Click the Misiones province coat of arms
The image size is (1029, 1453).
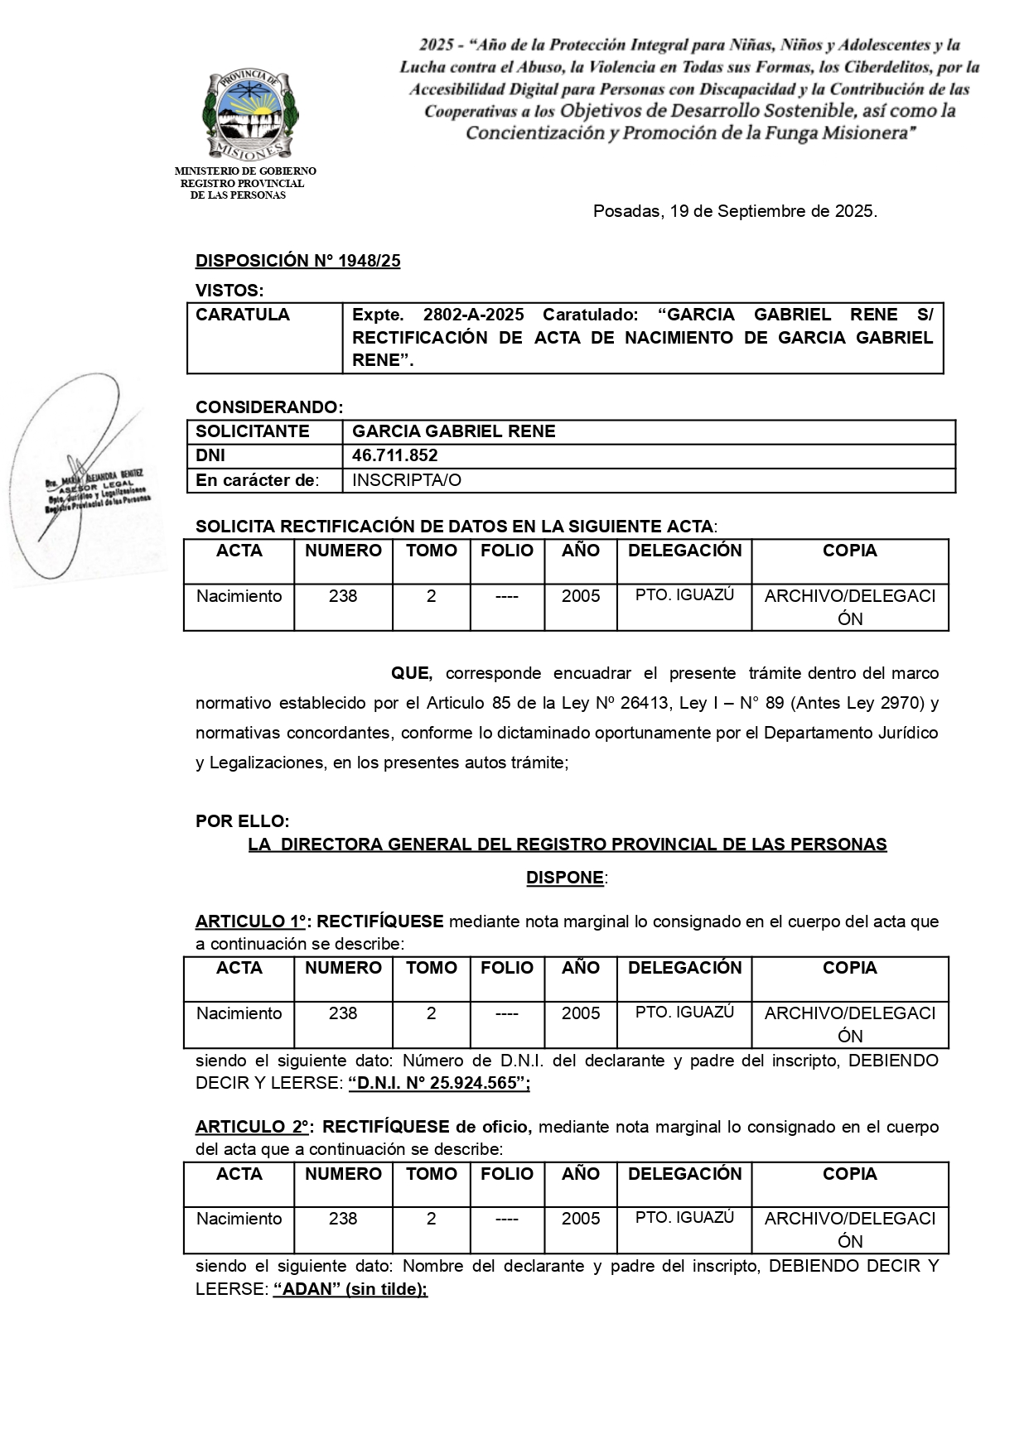pos(250,114)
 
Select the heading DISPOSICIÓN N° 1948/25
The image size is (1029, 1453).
pos(297,261)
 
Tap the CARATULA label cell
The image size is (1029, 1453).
pos(243,315)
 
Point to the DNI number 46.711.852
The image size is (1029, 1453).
pos(395,455)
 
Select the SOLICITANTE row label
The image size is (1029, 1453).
pos(253,431)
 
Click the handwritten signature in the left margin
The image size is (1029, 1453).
pos(83,480)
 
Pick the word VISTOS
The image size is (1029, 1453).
pos(229,291)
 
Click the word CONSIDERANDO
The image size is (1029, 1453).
pos(268,407)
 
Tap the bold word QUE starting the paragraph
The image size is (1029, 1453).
pos(411,673)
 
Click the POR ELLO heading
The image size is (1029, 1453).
pos(242,821)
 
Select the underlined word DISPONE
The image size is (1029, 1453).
pos(565,878)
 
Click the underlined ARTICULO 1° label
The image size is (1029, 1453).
pos(251,921)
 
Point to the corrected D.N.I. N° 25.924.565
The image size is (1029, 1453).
pos(439,1083)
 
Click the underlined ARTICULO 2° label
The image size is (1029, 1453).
pos(253,1127)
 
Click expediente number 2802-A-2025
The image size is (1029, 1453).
pos(473,315)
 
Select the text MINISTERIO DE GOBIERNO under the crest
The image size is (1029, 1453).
pos(245,171)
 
